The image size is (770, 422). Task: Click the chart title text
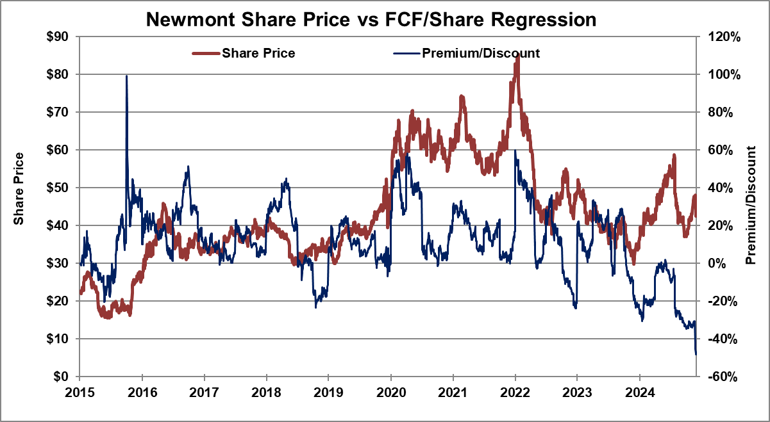371,19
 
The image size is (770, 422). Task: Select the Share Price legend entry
258,53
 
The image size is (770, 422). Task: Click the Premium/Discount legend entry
480,53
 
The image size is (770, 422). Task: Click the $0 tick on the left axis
65,376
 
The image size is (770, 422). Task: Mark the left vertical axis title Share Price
19,189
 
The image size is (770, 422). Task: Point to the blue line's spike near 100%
126,76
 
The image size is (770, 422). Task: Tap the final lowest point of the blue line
696,353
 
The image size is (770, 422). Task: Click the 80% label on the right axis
721,112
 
